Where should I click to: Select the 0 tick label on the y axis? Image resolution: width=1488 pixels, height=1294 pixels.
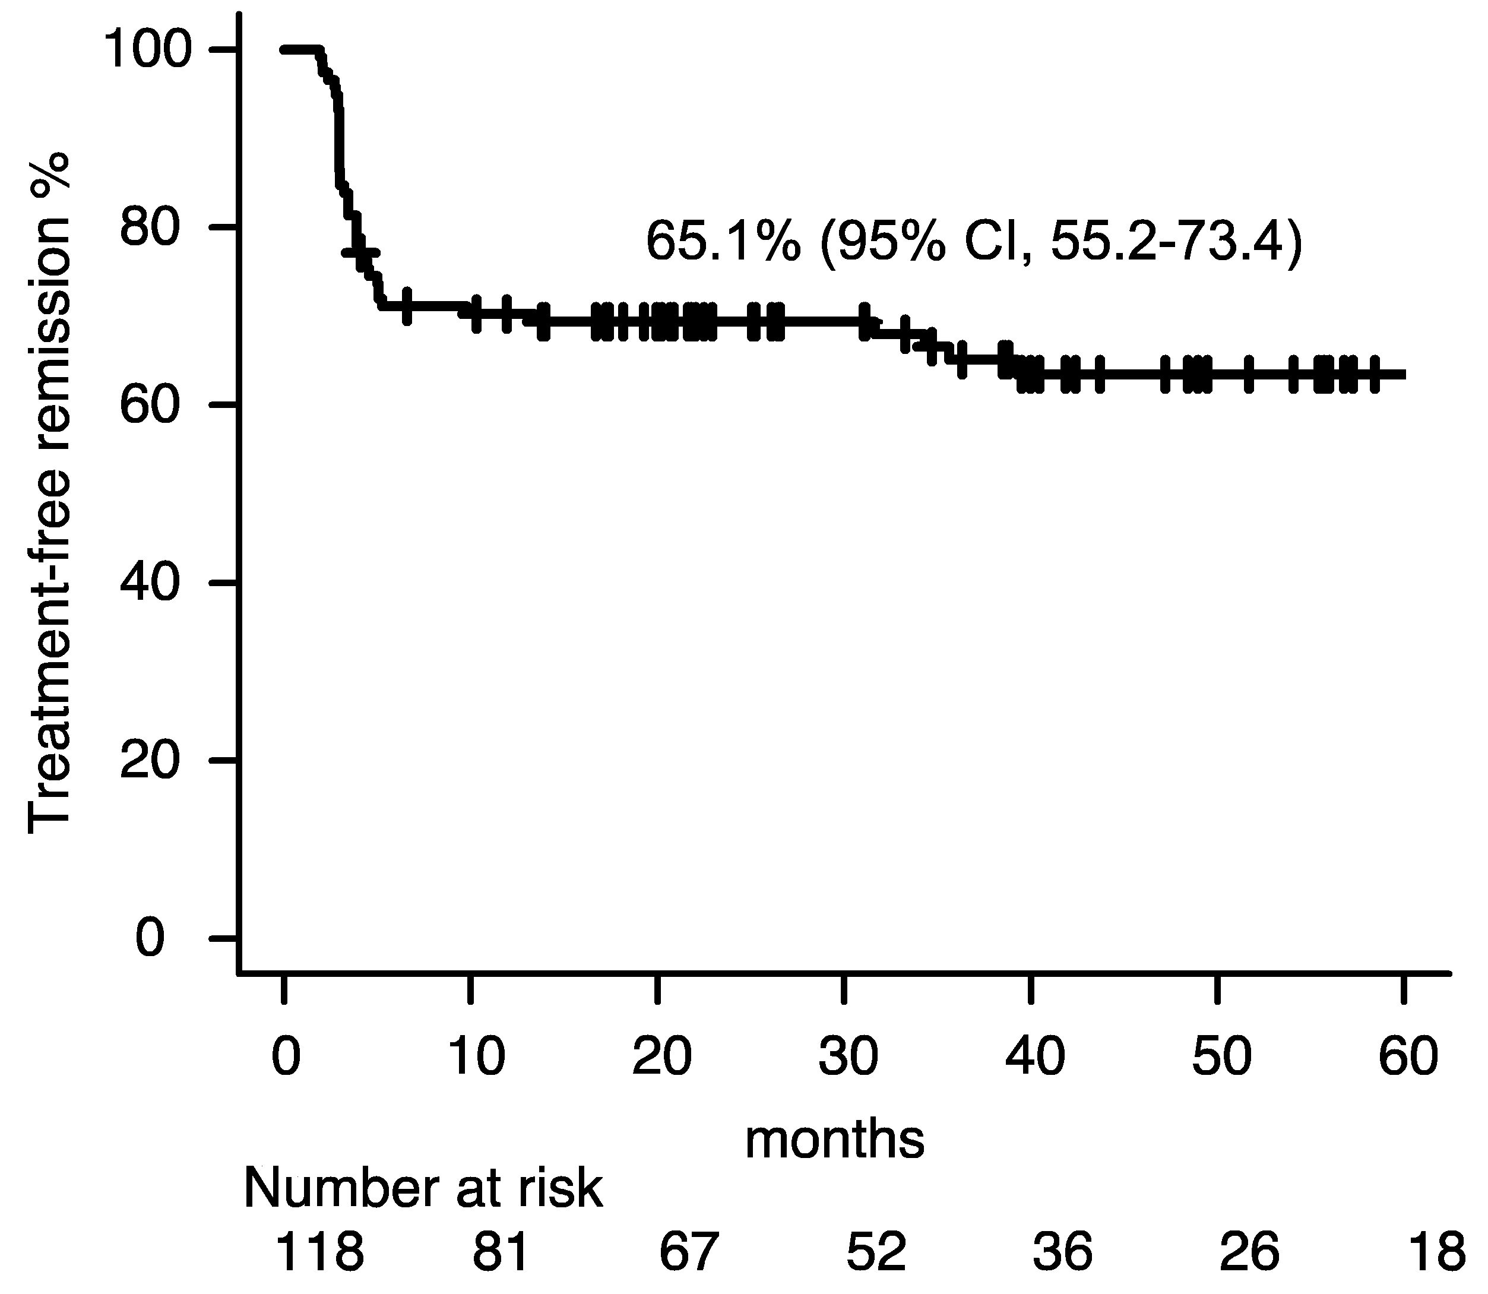(150, 939)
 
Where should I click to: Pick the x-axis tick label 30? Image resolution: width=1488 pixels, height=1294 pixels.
(849, 1056)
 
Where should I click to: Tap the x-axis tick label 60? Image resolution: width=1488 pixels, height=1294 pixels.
(1408, 1056)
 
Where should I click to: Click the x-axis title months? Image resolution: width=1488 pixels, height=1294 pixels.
(835, 1140)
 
